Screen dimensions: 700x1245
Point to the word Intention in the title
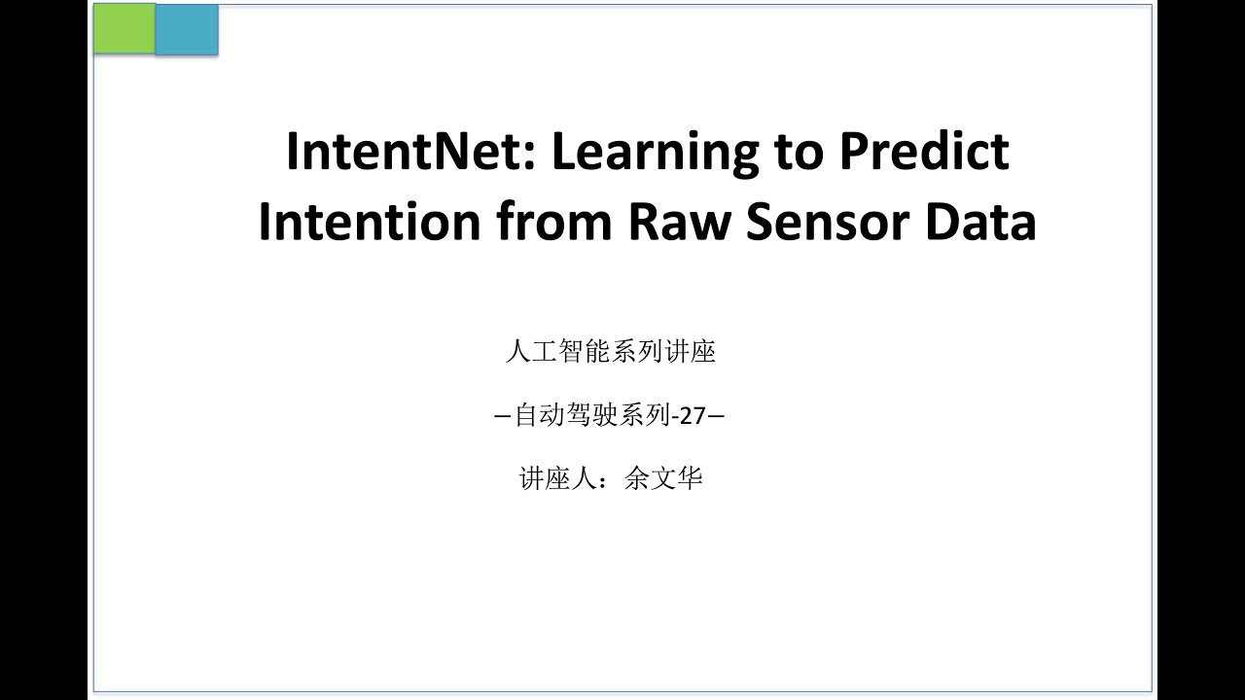coord(370,223)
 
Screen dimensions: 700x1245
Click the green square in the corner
coord(124,28)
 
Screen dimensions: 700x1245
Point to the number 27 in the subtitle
coord(692,416)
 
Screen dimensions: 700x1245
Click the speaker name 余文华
coord(663,479)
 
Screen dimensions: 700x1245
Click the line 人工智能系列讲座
coord(611,352)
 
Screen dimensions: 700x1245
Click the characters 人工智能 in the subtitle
coord(557,352)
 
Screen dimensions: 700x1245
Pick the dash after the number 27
coord(716,417)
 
